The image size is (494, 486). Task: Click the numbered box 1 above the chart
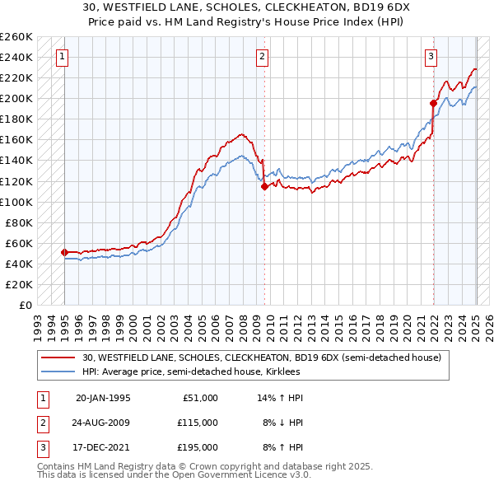click(x=63, y=57)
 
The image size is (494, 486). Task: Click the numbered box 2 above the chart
click(x=261, y=57)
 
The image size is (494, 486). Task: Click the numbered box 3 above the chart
click(x=431, y=57)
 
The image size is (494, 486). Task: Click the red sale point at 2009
click(x=264, y=186)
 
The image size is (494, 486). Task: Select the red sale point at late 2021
click(x=433, y=103)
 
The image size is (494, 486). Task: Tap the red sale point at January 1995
click(x=64, y=252)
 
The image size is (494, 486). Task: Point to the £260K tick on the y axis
click(x=17, y=37)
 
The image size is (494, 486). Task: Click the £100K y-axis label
click(x=16, y=202)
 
